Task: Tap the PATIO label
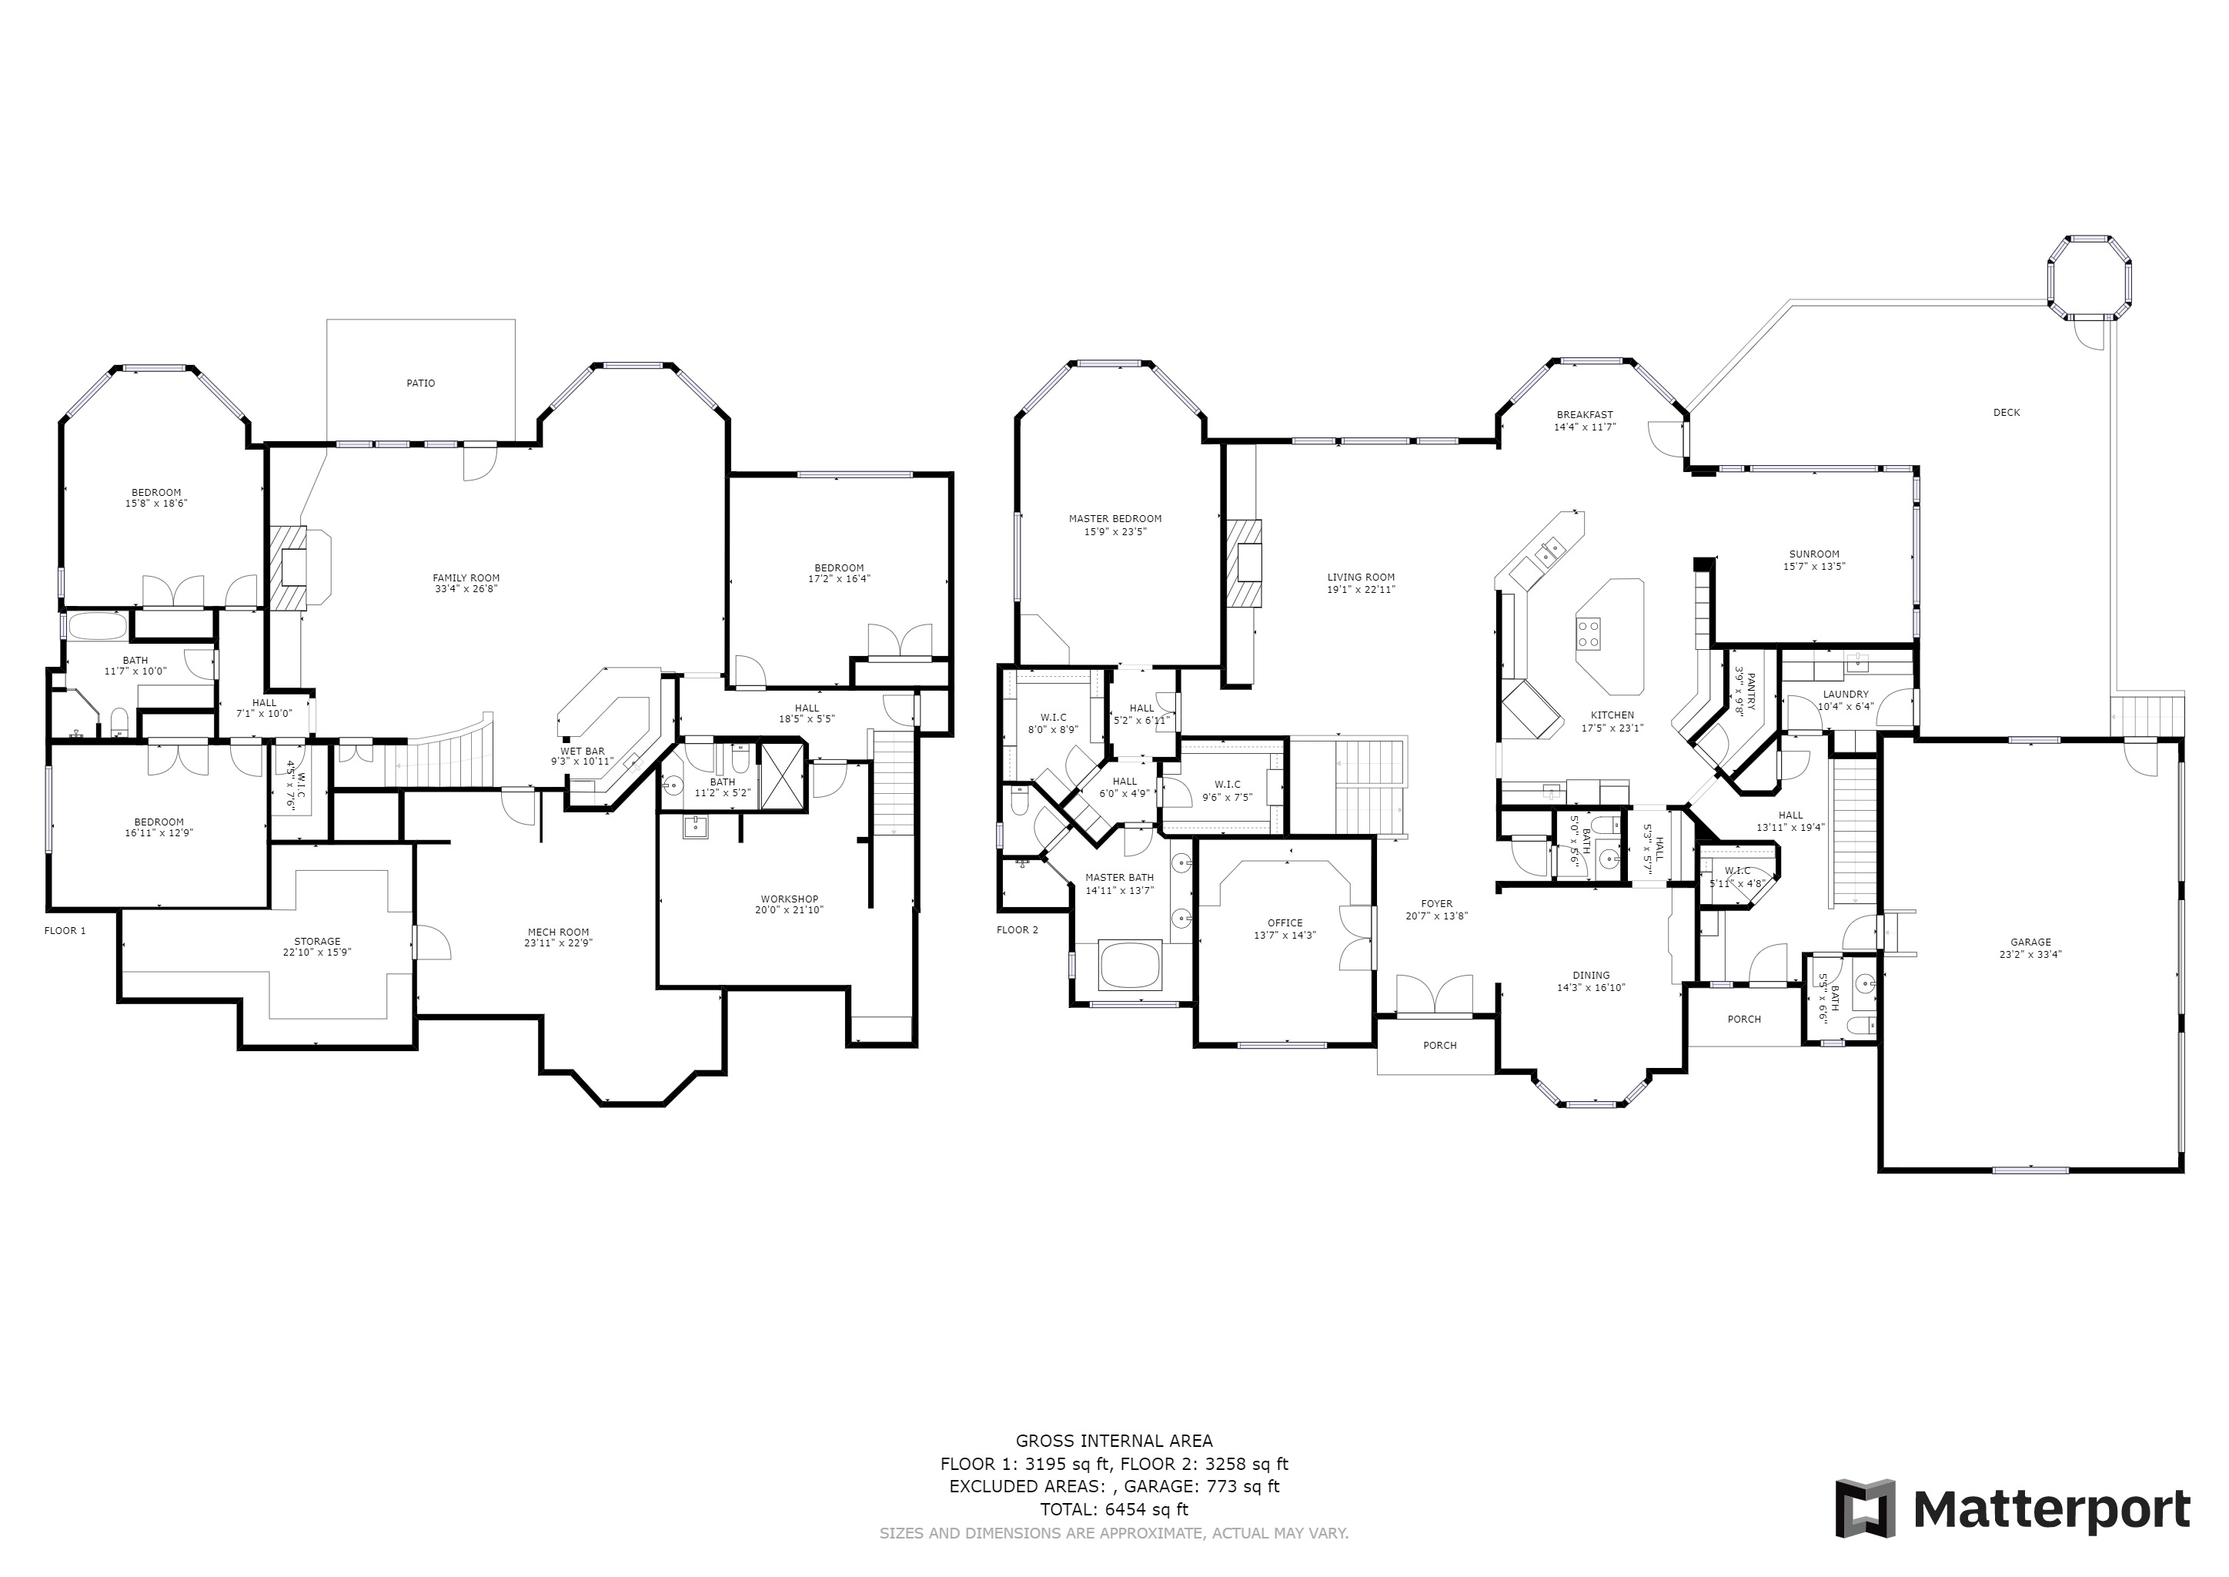[x=420, y=383]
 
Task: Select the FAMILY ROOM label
[x=466, y=578]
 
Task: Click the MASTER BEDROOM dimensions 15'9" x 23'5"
[x=1114, y=532]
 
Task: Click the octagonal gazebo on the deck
[x=2091, y=276]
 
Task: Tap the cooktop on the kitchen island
[x=1589, y=633]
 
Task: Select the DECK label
[x=2006, y=413]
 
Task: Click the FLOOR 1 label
[x=65, y=930]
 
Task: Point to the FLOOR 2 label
[x=1018, y=929]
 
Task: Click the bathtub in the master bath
[x=1130, y=966]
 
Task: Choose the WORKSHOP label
[x=789, y=899]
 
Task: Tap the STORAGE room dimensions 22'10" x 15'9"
[x=317, y=953]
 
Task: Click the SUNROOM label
[x=1813, y=554]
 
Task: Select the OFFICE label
[x=1285, y=922]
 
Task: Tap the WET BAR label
[x=582, y=751]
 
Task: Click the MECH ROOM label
[x=558, y=931]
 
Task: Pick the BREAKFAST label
[x=1584, y=414]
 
